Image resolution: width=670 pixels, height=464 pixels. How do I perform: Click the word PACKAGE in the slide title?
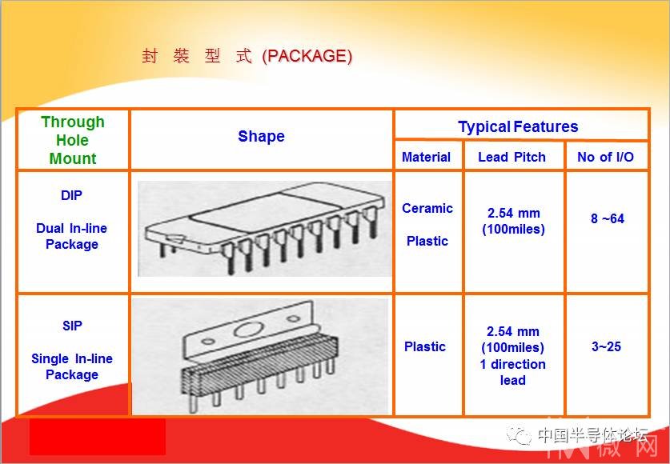[x=307, y=56]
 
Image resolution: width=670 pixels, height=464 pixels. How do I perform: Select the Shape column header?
[x=261, y=137]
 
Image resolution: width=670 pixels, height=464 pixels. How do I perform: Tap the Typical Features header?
[x=518, y=126]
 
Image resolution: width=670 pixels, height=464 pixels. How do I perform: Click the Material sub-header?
[x=426, y=157]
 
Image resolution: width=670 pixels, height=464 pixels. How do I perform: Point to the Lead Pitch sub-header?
[x=512, y=157]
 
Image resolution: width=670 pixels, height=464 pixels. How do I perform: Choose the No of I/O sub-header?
[x=605, y=157]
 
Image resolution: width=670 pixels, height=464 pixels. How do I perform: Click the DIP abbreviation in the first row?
[x=71, y=195]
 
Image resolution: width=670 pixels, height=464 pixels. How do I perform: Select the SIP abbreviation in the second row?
[x=72, y=326]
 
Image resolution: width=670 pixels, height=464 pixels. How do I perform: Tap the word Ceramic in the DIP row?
[x=427, y=208]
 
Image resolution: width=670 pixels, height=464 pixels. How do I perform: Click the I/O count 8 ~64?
[x=608, y=219]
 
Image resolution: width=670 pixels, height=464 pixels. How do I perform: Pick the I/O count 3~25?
[x=606, y=346]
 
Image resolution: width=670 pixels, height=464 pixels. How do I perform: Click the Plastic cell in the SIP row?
[x=425, y=346]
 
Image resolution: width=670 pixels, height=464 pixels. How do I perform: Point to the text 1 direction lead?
[x=513, y=372]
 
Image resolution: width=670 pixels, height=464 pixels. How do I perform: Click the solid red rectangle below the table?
[x=98, y=437]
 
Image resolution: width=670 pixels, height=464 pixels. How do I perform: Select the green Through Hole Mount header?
[x=73, y=140]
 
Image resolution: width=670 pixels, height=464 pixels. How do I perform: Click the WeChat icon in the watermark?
[x=519, y=435]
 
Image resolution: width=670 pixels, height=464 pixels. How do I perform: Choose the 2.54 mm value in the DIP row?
[x=513, y=214]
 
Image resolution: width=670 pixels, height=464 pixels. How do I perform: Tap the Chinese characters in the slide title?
[x=197, y=56]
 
